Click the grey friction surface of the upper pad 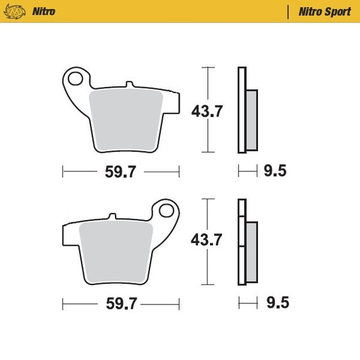click(x=127, y=119)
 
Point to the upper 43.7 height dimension click(x=207, y=112)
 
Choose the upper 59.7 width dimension click(x=122, y=172)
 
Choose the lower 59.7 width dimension click(x=122, y=304)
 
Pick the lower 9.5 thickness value click(x=276, y=303)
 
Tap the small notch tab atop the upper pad click(x=128, y=84)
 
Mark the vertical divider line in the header click(x=288, y=12)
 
